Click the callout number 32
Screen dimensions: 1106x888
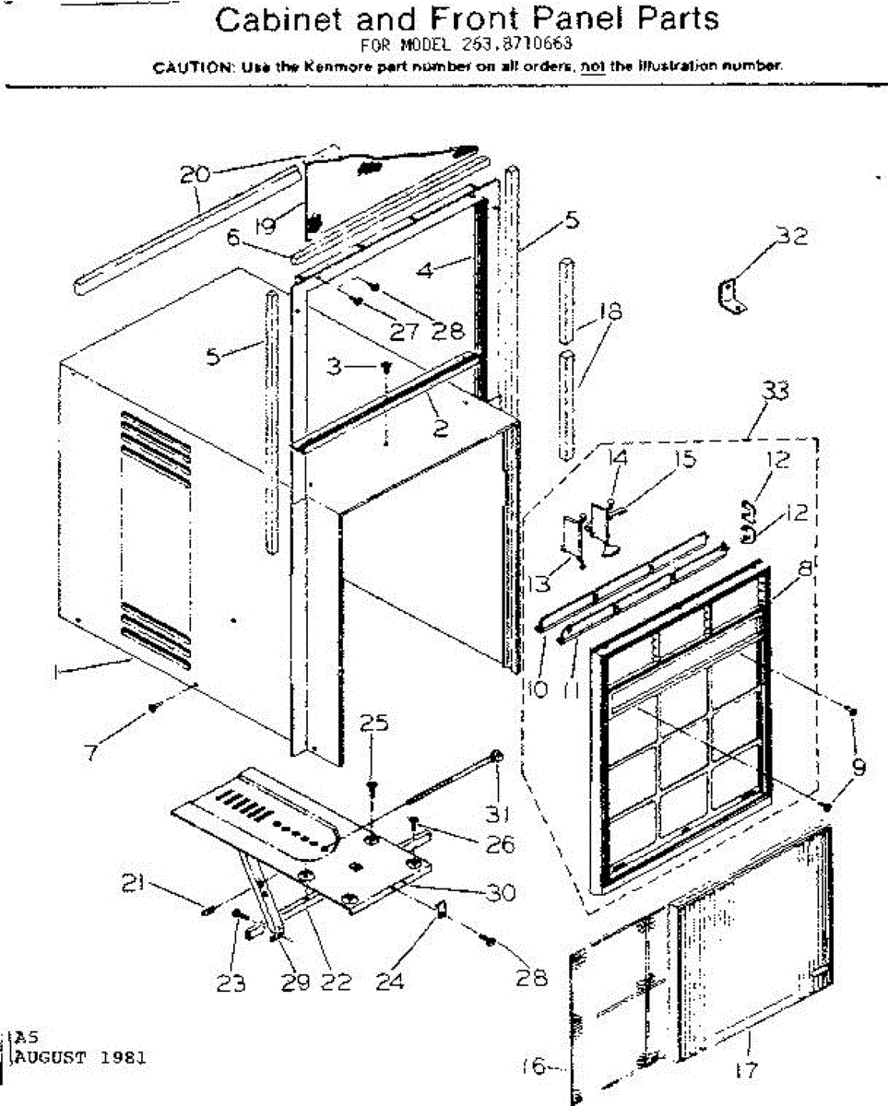(x=790, y=237)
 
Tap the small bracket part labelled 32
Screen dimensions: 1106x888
(x=732, y=299)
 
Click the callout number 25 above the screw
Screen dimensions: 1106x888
(x=373, y=725)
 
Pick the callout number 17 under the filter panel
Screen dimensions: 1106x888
(x=749, y=1071)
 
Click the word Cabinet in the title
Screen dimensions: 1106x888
(x=274, y=19)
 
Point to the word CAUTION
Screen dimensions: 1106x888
(x=185, y=66)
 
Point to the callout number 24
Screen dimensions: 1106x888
(x=391, y=983)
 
